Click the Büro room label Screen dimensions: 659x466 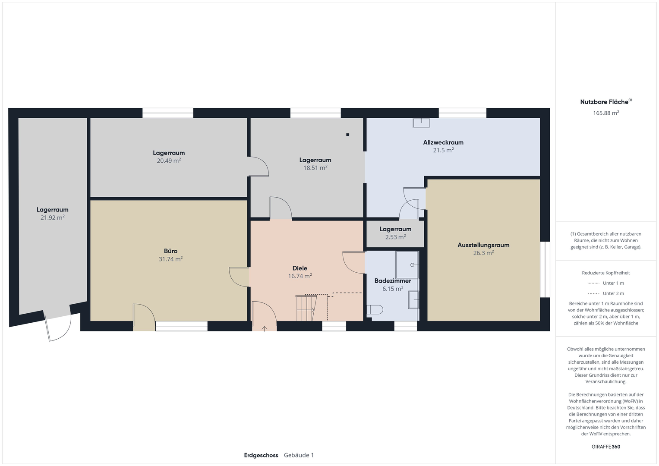[x=170, y=251]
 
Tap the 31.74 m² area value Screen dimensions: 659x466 [x=170, y=259]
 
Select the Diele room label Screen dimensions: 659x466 [x=300, y=268]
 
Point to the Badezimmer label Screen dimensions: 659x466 [x=392, y=280]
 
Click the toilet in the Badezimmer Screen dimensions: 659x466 [x=375, y=309]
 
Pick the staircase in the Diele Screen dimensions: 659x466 [x=306, y=308]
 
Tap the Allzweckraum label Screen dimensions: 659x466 [x=443, y=142]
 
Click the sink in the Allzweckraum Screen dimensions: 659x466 [x=421, y=123]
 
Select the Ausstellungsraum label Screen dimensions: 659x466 [x=483, y=245]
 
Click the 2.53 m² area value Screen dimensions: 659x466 [x=395, y=237]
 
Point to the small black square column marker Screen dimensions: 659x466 [x=347, y=135]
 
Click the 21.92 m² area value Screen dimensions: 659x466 [x=52, y=217]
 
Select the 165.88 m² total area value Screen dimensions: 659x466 [x=606, y=113]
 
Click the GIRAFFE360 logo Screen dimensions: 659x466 [x=606, y=447]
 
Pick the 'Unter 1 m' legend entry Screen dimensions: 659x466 [x=606, y=283]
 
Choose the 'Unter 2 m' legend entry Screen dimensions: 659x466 [x=606, y=293]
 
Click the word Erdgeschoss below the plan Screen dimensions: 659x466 [x=261, y=455]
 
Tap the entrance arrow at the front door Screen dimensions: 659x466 [x=265, y=329]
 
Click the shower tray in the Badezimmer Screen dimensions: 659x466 [x=407, y=265]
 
